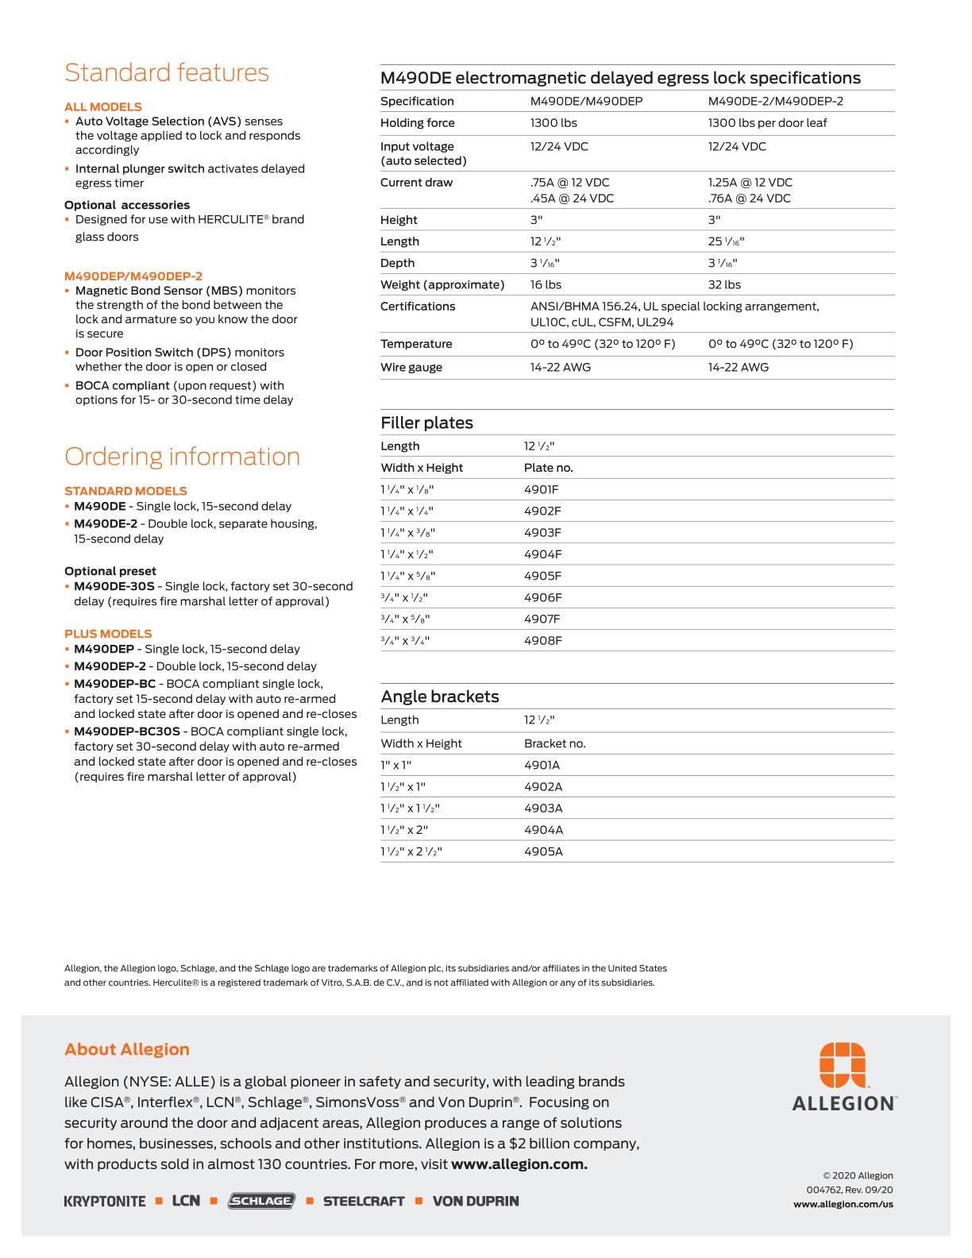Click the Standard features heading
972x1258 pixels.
pyautogui.click(x=167, y=73)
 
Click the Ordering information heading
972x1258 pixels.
pyautogui.click(x=182, y=457)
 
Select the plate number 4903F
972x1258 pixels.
pyautogui.click(x=542, y=533)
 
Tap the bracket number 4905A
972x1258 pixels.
pyautogui.click(x=543, y=851)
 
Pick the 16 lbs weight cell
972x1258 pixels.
pyautogui.click(x=546, y=284)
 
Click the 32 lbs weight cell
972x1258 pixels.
pyautogui.click(x=724, y=284)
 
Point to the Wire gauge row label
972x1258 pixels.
pyautogui.click(x=411, y=367)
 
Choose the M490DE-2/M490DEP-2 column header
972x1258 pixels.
pyautogui.click(x=775, y=101)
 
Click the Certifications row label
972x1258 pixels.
pyautogui.click(x=418, y=307)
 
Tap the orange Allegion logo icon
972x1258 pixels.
pyautogui.click(x=843, y=1065)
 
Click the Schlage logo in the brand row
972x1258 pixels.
pyautogui.click(x=261, y=1201)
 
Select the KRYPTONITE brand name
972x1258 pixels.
pyautogui.click(x=105, y=1202)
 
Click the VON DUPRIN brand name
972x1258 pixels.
pyautogui.click(x=476, y=1202)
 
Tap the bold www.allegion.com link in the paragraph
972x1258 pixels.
pyautogui.click(x=519, y=1164)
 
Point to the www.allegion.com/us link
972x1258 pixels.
pyautogui.click(x=843, y=1204)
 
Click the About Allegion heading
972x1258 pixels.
pyautogui.click(x=127, y=1049)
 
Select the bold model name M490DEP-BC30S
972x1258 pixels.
pyautogui.click(x=127, y=731)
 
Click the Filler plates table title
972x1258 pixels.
pyautogui.click(x=426, y=423)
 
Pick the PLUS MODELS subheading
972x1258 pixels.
pyautogui.click(x=108, y=634)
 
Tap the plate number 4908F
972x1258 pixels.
pyautogui.click(x=542, y=641)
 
